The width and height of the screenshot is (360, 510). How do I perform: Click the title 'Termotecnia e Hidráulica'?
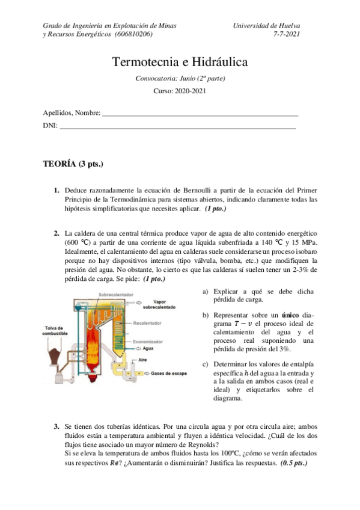coord(180,63)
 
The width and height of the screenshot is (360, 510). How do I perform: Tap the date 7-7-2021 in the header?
coord(287,34)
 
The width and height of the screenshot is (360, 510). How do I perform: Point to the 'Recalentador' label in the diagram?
coord(147,323)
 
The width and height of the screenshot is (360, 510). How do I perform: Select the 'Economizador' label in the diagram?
coord(147,340)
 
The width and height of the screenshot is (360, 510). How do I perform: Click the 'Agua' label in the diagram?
coord(149,348)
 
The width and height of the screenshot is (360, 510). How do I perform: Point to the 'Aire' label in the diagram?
coord(143,360)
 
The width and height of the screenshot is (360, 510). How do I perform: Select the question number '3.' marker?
coord(57,426)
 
